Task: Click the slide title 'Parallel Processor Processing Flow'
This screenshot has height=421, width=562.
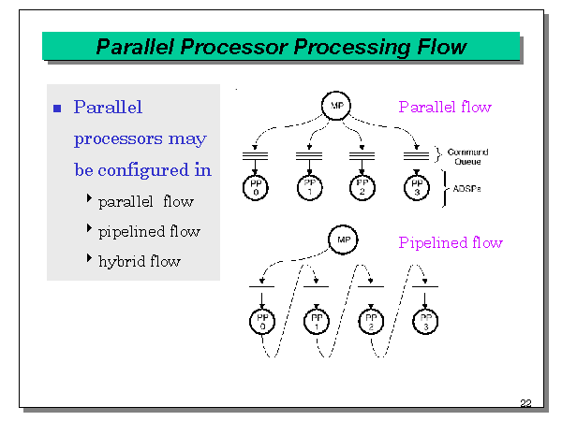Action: pyautogui.click(x=281, y=47)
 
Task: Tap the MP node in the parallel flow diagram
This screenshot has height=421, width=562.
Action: pyautogui.click(x=336, y=106)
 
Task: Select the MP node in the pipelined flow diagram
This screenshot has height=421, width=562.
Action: pyautogui.click(x=343, y=240)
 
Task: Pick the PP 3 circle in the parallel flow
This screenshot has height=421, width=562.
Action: pyautogui.click(x=416, y=187)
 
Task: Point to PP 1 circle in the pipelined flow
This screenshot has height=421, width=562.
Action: pyautogui.click(x=317, y=323)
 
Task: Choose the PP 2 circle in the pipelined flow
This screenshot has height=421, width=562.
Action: pyautogui.click(x=371, y=323)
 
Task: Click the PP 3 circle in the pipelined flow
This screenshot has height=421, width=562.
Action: pyautogui.click(x=425, y=323)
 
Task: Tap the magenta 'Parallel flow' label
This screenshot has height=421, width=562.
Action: pyautogui.click(x=445, y=107)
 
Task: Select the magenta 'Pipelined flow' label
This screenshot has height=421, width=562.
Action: pyautogui.click(x=451, y=243)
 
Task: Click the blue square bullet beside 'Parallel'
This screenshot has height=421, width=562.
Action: pyautogui.click(x=57, y=109)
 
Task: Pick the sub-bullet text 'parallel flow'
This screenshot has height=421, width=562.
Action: pyautogui.click(x=145, y=201)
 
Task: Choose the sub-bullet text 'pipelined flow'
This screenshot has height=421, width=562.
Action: pyautogui.click(x=149, y=231)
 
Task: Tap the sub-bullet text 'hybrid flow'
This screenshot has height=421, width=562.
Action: pyautogui.click(x=140, y=261)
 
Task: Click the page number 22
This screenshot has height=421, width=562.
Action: pyautogui.click(x=525, y=403)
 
